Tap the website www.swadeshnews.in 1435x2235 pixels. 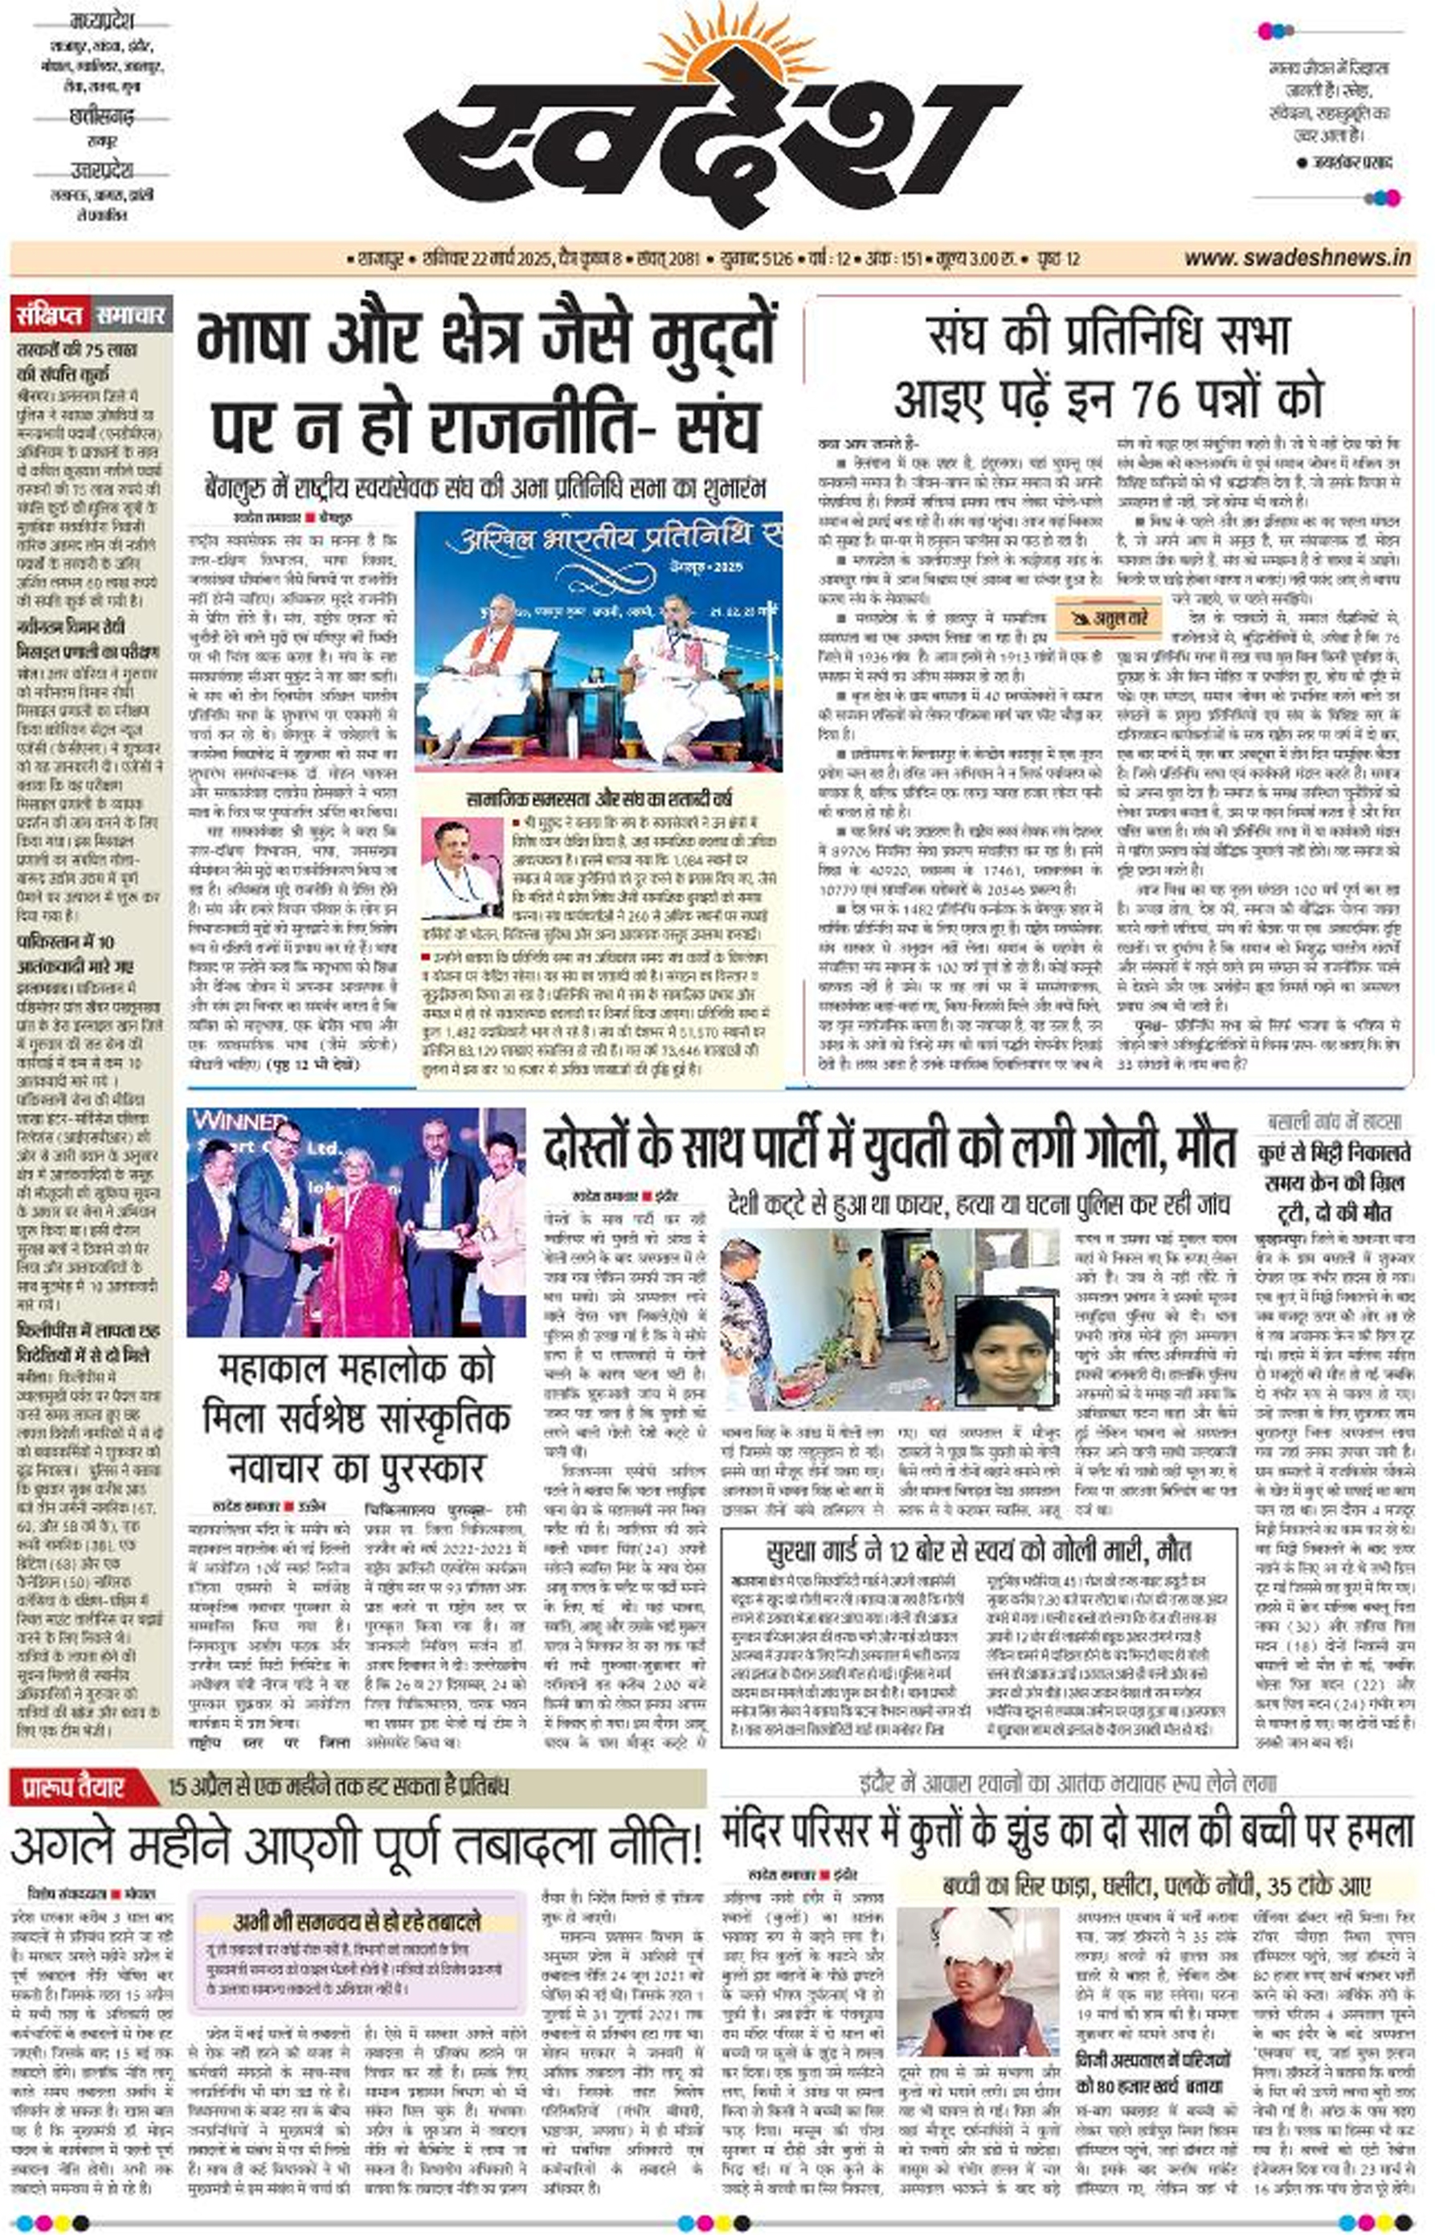tap(1297, 258)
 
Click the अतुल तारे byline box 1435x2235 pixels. tap(1109, 617)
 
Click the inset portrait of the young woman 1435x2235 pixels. tap(1004, 1349)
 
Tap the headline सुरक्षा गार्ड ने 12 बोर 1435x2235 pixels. tap(979, 1550)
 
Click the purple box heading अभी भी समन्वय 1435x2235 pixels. tap(356, 1922)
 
